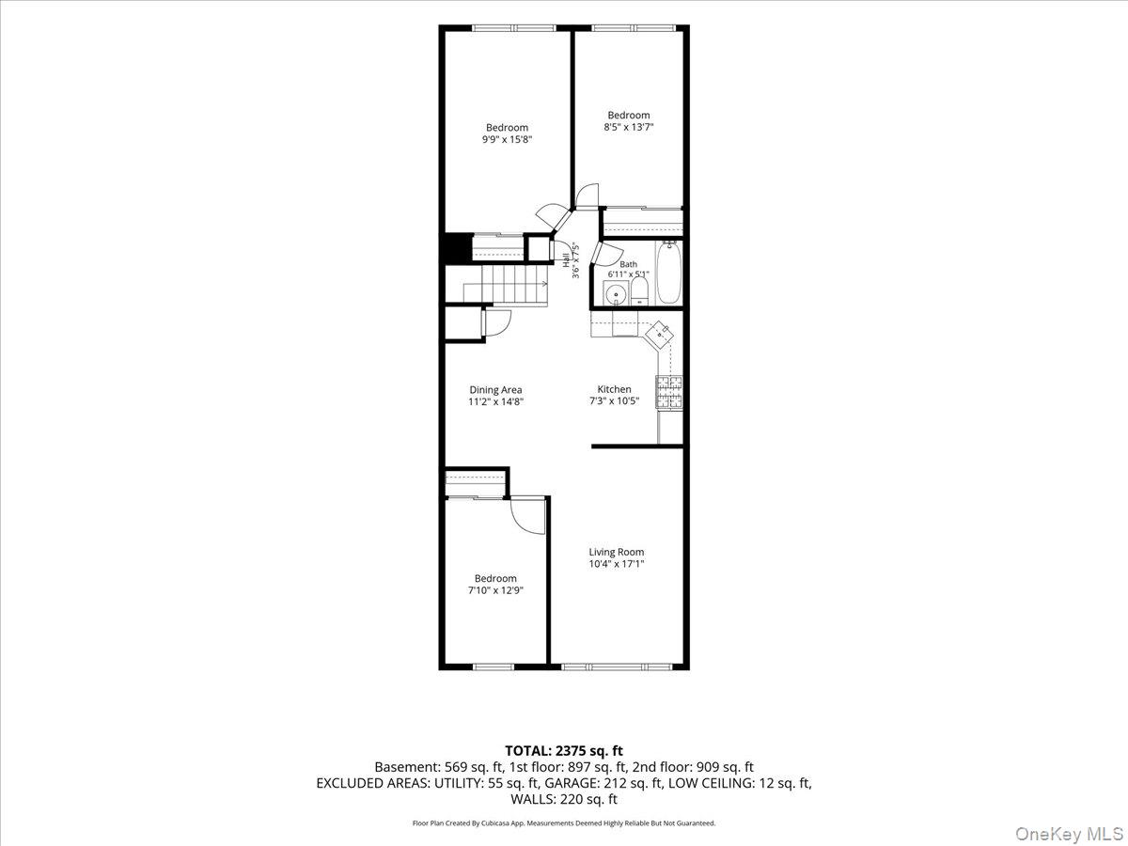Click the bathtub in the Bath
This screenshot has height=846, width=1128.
pyautogui.click(x=668, y=274)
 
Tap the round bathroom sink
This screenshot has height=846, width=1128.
pyautogui.click(x=615, y=294)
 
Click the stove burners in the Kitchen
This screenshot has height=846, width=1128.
pyautogui.click(x=668, y=392)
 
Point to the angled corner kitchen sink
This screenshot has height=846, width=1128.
pyautogui.click(x=659, y=335)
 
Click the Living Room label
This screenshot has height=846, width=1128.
pyautogui.click(x=616, y=552)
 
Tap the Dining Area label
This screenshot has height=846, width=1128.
pyautogui.click(x=495, y=390)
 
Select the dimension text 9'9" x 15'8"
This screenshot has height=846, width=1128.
pyautogui.click(x=507, y=139)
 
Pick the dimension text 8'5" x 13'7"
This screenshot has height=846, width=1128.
pyautogui.click(x=629, y=127)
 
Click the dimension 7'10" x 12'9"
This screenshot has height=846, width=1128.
pyautogui.click(x=495, y=590)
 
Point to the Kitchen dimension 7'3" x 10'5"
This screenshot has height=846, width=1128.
pyautogui.click(x=614, y=401)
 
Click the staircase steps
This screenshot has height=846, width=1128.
pyautogui.click(x=506, y=284)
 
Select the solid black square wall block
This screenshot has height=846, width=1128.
pyautogui.click(x=459, y=248)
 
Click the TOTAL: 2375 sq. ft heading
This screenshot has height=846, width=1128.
pyautogui.click(x=564, y=751)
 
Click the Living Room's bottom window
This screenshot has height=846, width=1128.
pyautogui.click(x=616, y=666)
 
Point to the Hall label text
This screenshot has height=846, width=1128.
pyautogui.click(x=566, y=260)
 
